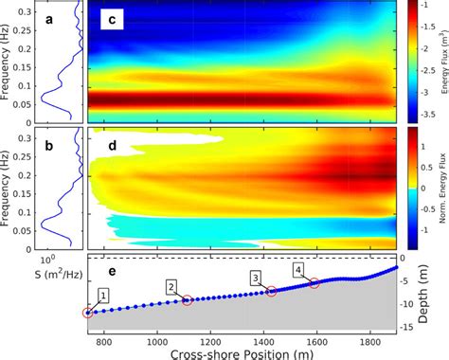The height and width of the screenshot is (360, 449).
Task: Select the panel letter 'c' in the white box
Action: coord(110,20)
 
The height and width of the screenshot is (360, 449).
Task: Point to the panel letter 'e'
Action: coord(111,271)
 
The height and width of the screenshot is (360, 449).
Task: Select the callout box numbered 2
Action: coord(171,286)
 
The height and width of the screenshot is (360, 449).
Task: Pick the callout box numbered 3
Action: coord(255,277)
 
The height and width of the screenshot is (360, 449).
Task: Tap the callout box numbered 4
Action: coord(298,270)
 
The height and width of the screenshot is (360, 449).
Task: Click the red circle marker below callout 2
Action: coord(187,300)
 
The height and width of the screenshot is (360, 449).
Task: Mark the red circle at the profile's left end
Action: coord(88,313)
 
